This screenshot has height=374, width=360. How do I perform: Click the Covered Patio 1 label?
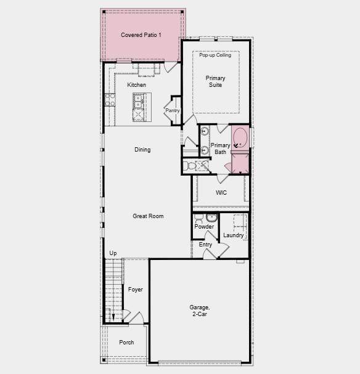141,35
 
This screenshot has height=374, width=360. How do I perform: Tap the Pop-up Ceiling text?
215,55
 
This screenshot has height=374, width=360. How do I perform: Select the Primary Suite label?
215,81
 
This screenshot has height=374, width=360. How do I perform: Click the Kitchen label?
136,85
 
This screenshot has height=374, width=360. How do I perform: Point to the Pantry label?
173,110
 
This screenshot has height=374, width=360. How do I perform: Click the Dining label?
142,150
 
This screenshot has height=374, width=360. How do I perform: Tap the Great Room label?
148,216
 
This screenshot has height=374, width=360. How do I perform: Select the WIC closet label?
221,193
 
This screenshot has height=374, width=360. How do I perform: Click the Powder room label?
204,227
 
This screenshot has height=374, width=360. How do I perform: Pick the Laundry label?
233,235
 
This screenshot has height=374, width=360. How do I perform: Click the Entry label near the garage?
205,245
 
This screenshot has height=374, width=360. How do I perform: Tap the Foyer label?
135,290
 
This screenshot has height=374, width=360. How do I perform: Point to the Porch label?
126,343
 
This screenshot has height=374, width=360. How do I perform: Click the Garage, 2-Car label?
200,311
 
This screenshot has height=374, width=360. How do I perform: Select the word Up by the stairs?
113,253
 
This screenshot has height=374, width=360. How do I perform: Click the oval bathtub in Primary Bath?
240,139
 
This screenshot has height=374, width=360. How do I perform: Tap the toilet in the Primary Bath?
189,166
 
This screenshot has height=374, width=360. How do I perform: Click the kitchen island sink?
138,101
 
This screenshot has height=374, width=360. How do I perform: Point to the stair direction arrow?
113,317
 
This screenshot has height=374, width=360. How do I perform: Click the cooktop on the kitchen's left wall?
110,100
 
